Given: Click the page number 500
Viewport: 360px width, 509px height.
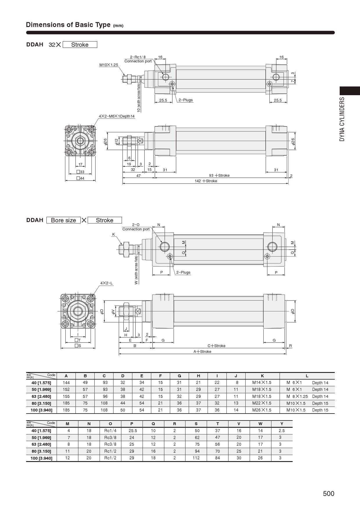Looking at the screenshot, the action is (x=329, y=494).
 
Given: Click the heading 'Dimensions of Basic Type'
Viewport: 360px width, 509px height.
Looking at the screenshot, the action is (x=68, y=25).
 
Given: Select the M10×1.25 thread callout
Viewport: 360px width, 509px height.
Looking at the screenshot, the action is (x=109, y=65).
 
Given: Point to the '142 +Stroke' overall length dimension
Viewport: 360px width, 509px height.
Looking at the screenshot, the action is (x=206, y=181).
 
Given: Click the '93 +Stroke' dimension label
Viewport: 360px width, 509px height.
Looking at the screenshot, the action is (x=219, y=175).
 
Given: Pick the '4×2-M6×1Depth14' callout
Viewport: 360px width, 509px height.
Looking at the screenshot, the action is (x=117, y=116).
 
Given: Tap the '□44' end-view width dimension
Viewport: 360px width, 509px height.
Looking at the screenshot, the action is (x=80, y=178).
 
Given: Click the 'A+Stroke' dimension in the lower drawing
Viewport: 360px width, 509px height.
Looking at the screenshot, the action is (x=202, y=351).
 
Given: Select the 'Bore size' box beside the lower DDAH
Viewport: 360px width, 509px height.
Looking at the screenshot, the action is (x=63, y=220).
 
